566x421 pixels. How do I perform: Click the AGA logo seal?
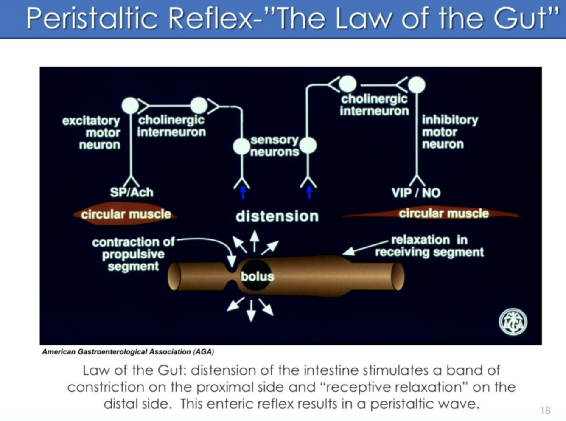coord(513,322)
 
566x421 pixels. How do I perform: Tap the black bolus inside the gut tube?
coord(256,275)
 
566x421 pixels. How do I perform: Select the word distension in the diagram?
coord(277,216)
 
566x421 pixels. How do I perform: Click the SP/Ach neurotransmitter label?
coord(132,193)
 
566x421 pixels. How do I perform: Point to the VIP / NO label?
coord(416,193)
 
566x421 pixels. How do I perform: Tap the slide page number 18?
coord(545,410)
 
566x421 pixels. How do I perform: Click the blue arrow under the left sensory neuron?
coord(243,192)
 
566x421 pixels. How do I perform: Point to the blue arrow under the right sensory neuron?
coord(309,192)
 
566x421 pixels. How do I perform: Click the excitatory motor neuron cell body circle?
coord(130,106)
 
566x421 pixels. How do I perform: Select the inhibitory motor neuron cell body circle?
coord(417,85)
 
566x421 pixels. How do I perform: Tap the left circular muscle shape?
coord(126,214)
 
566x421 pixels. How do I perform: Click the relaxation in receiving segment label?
coord(429,246)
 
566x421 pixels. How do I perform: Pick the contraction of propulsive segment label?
coord(133,254)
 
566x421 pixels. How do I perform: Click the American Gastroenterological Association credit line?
coord(128,352)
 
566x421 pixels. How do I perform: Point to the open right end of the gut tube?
coord(398,276)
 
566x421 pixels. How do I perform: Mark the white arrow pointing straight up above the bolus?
coord(254,241)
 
